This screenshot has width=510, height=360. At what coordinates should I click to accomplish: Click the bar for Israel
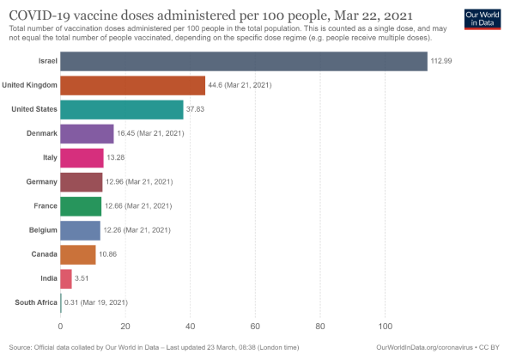(244, 62)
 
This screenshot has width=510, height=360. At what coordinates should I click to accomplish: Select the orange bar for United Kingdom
(133, 85)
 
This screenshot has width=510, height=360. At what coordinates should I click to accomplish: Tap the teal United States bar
(122, 109)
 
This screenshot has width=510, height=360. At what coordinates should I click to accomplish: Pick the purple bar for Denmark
(87, 133)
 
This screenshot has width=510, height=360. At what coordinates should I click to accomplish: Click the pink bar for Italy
(82, 158)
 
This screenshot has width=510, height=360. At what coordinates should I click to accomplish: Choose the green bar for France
(81, 206)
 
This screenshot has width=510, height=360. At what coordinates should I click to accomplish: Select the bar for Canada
(78, 254)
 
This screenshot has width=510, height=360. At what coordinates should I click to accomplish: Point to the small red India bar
(66, 278)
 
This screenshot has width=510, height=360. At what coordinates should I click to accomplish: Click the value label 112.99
(441, 62)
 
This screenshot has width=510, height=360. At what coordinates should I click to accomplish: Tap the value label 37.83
(197, 110)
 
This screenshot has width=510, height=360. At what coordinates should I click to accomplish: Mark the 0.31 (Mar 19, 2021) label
(96, 302)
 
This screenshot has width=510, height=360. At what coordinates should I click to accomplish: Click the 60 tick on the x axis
(255, 326)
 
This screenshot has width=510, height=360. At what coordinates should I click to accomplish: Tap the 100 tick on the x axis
(385, 326)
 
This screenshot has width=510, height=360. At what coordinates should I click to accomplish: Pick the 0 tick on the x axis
(60, 326)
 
